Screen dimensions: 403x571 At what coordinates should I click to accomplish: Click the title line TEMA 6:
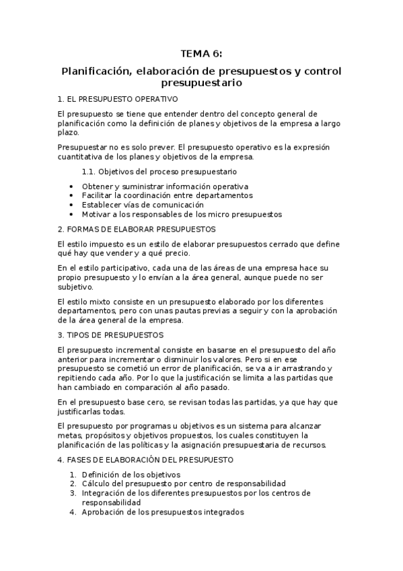[x=201, y=55]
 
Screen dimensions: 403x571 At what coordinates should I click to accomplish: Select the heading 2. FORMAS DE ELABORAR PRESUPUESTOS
[x=127, y=229]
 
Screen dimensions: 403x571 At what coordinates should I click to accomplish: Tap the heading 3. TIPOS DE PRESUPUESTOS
[x=110, y=334]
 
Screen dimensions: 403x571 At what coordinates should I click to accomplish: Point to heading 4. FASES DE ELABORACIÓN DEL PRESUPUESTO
[x=145, y=460]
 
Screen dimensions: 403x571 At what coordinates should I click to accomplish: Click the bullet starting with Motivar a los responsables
[x=182, y=214]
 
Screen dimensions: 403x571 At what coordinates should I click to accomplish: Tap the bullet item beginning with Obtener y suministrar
[x=165, y=186]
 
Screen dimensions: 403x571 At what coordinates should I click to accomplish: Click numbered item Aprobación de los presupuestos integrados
[x=162, y=512]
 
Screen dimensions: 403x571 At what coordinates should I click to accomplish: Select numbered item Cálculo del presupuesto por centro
[x=184, y=483]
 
